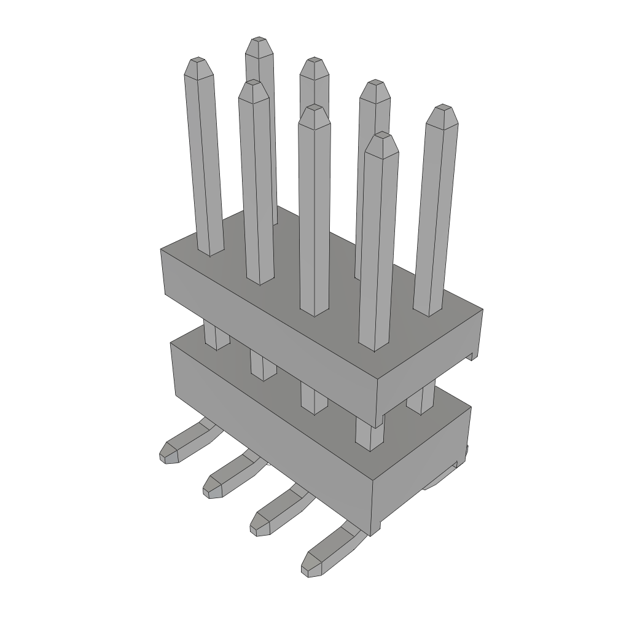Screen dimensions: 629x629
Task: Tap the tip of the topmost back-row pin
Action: [x=258, y=42]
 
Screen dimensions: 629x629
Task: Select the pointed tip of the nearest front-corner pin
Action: [x=382, y=136]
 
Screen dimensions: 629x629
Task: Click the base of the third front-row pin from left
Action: [x=314, y=304]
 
